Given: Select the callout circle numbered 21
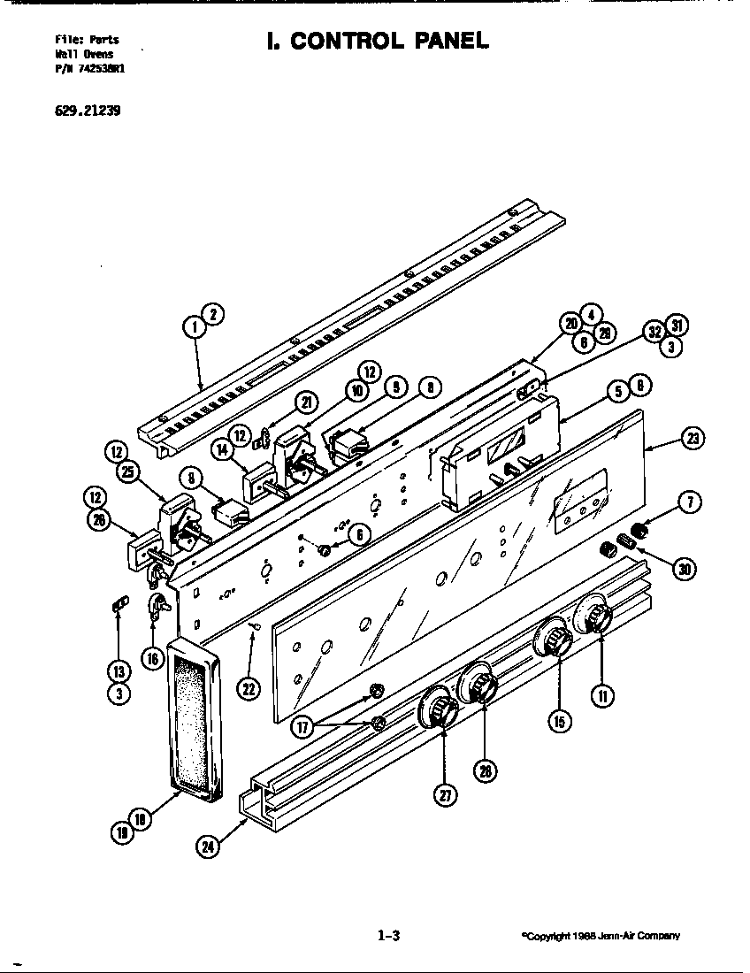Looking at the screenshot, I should [307, 402].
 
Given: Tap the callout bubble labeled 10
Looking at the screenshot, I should [357, 390].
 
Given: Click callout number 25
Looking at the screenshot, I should [129, 472].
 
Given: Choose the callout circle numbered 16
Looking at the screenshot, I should [152, 657].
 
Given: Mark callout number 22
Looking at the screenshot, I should [251, 688].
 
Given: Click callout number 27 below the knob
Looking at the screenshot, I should [442, 794].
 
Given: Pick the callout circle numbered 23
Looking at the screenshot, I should [693, 437].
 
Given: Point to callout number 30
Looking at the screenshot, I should [683, 569].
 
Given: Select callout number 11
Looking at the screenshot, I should [601, 696].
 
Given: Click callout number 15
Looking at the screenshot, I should [559, 721].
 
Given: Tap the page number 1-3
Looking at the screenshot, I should [388, 935].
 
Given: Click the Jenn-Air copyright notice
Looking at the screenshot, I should [600, 936].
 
